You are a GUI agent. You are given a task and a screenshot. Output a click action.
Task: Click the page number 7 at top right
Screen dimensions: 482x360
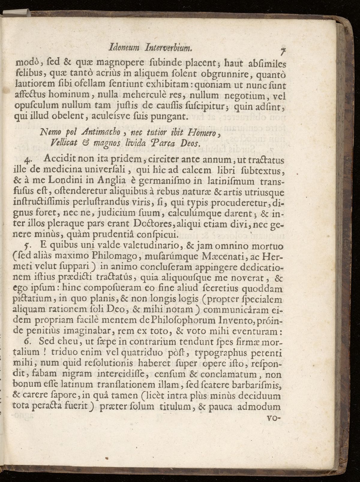282,52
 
